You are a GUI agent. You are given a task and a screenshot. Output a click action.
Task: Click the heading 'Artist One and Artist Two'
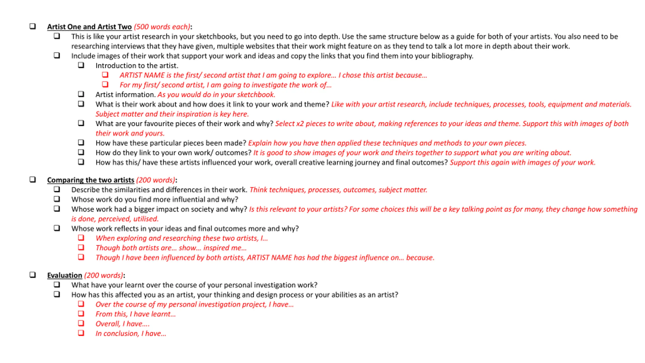pos(89,27)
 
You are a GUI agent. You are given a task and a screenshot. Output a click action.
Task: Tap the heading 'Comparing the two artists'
pos(90,180)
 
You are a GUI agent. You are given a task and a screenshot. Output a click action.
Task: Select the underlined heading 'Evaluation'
pos(64,275)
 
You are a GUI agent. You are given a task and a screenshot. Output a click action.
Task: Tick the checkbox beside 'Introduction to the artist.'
pos(81,65)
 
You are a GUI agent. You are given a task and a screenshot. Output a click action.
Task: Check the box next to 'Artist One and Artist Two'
pos(33,26)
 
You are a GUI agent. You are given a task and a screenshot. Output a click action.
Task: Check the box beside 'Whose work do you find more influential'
pos(57,199)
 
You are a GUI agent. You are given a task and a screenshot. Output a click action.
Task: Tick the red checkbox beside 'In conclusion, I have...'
pos(81,333)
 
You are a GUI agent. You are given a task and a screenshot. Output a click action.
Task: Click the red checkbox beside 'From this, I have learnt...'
pos(81,313)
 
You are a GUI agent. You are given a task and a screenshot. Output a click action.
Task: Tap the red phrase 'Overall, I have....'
pos(122,324)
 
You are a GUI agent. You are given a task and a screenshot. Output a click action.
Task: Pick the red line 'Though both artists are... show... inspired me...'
pos(171,248)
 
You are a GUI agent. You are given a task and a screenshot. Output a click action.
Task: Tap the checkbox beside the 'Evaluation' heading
pos(33,275)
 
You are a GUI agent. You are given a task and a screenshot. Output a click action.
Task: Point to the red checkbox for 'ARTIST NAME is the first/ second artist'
pos(105,75)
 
